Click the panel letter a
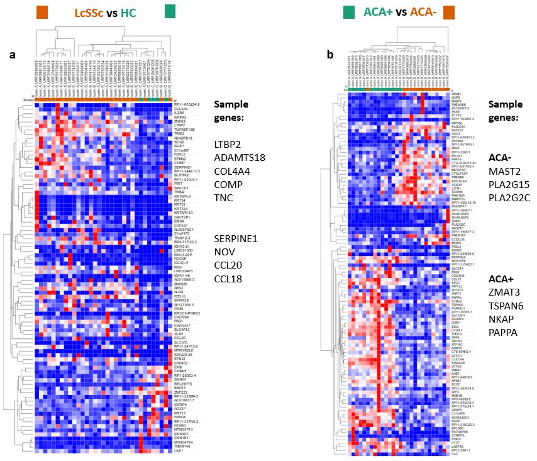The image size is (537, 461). (x=12, y=55)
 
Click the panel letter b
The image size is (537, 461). (x=331, y=55)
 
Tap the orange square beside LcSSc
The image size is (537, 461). (x=43, y=12)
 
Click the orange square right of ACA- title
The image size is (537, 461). (x=450, y=12)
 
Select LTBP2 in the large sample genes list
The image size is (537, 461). (x=229, y=145)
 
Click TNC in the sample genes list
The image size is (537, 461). (x=224, y=198)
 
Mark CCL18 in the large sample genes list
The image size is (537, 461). (x=228, y=279)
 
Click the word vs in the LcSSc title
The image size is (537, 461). (x=125, y=12)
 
